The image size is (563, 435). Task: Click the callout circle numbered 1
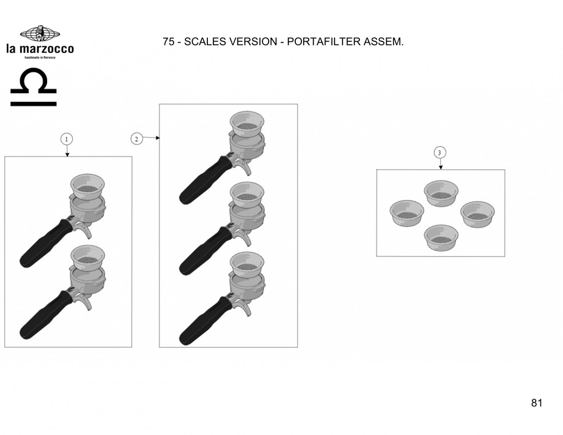(x=66, y=139)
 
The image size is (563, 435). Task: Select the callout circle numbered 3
(x=440, y=153)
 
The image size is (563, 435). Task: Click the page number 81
(x=537, y=403)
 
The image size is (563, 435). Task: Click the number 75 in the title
(x=169, y=42)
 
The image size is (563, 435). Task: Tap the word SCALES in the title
(x=205, y=42)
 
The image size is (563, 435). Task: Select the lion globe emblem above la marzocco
(x=40, y=33)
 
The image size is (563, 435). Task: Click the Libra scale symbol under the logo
(x=33, y=87)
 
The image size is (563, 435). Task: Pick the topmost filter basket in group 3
(x=441, y=193)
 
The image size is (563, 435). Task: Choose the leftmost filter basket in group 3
(x=407, y=213)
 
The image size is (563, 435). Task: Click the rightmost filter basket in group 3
(x=477, y=215)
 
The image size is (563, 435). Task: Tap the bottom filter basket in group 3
(x=441, y=238)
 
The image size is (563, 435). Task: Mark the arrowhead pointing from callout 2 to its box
(x=158, y=138)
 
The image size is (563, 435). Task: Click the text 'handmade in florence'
(x=40, y=57)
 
